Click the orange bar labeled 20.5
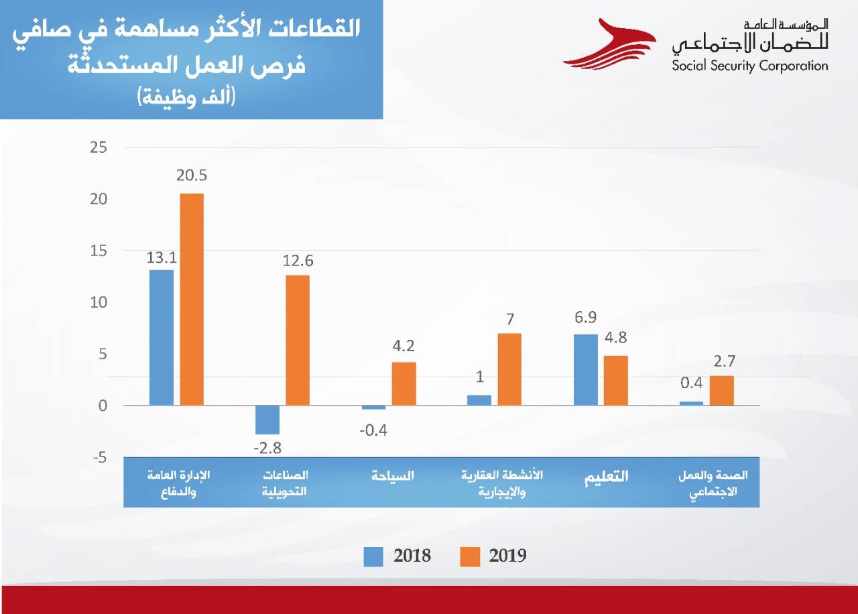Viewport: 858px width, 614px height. [192, 299]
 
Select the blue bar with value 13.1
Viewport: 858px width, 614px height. [162, 337]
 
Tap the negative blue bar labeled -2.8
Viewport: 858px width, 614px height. [267, 420]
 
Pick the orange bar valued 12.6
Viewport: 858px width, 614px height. [298, 340]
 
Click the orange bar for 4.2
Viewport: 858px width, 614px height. [404, 383]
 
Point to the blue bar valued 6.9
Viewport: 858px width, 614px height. [586, 369]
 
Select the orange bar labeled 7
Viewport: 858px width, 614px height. [509, 369]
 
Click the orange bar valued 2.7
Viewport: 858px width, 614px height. [722, 390]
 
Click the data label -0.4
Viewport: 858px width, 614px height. [373, 430]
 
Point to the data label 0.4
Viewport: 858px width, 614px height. [690, 383]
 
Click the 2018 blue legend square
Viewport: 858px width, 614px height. [373, 556]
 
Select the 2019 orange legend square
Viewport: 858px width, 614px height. [471, 556]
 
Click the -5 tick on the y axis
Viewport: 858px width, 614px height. [100, 457]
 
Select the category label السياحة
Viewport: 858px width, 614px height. [393, 476]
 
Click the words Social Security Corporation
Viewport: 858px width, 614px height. [749, 66]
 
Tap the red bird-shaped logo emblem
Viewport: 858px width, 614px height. [607, 44]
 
